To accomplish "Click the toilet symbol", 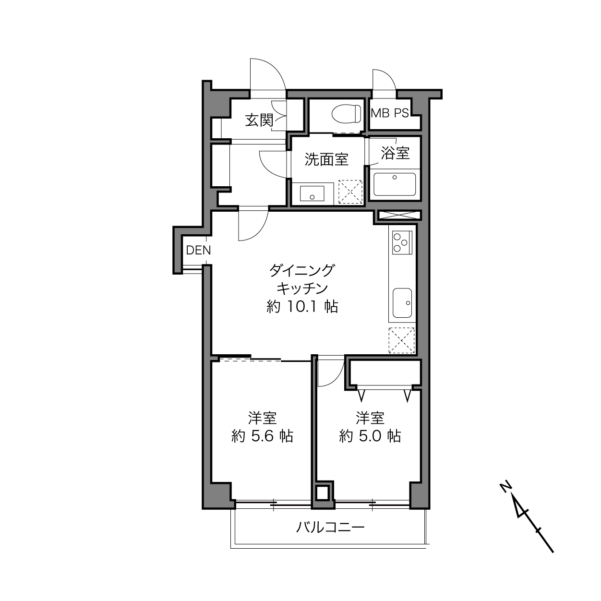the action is (346, 113).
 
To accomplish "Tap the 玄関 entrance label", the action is (259, 120).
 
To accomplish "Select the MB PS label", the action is (389, 113).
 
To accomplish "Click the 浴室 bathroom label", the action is (395, 153).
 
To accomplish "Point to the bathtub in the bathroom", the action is (395, 184).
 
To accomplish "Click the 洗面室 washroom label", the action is (326, 160).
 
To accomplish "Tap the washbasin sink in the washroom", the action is (312, 193).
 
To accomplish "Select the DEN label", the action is (198, 250).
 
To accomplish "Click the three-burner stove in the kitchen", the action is (402, 242).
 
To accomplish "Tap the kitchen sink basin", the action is (402, 303).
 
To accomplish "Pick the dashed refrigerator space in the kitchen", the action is (402, 340).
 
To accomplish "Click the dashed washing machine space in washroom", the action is (350, 192).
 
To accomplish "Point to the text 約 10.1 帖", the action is (302, 307).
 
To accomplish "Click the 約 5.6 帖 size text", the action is (262, 436).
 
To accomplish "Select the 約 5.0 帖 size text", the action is (370, 436).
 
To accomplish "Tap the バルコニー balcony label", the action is (330, 528).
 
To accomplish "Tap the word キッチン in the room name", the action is (302, 288).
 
